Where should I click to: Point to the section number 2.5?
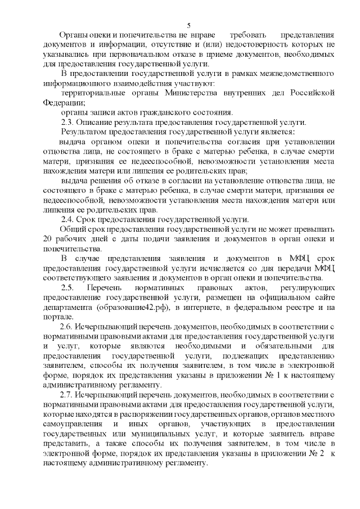68,287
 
